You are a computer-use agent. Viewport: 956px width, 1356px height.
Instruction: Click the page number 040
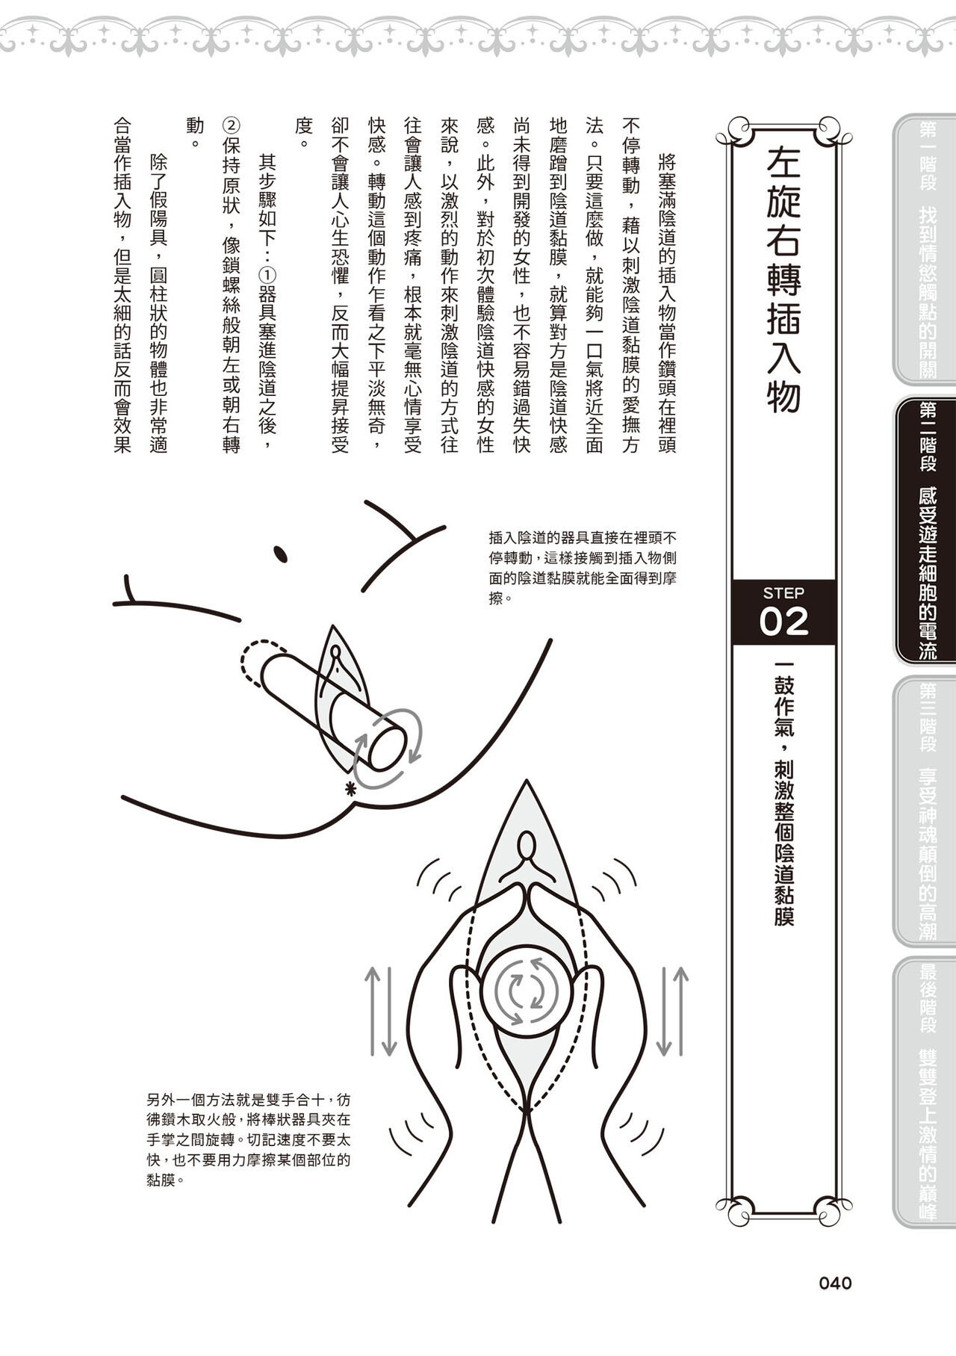tap(835, 1284)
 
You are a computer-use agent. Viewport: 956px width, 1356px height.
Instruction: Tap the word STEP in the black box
tap(783, 593)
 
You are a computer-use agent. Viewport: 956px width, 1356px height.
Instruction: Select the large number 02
tap(783, 622)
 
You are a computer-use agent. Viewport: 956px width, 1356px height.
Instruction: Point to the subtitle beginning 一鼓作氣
tap(783, 793)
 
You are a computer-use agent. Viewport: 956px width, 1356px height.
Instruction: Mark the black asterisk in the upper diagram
tap(348, 787)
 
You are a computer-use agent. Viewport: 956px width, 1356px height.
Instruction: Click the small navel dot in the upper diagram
tap(282, 554)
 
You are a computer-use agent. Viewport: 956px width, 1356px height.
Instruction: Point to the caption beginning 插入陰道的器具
tap(583, 567)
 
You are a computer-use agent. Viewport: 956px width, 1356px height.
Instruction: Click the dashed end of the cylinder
tap(258, 657)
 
